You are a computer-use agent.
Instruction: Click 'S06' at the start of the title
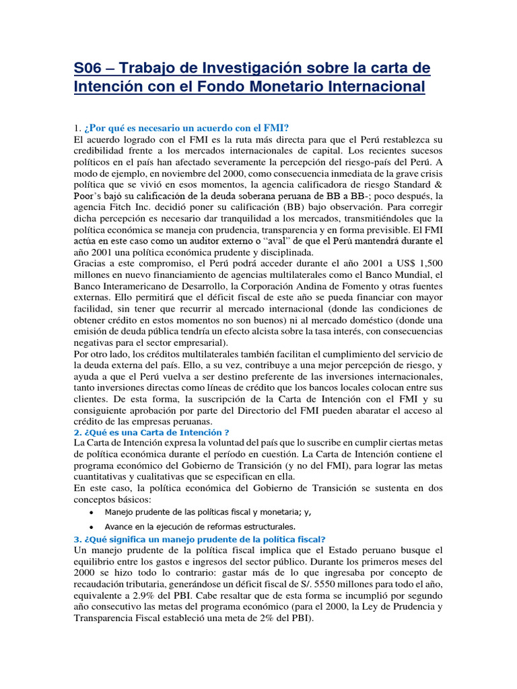pyautogui.click(x=88, y=69)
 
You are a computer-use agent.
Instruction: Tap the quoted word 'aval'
pyautogui.click(x=296, y=241)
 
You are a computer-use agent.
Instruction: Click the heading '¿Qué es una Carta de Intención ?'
pyautogui.click(x=152, y=432)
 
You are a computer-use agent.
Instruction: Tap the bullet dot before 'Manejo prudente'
pyautogui.click(x=91, y=512)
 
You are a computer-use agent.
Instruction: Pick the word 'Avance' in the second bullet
pyautogui.click(x=120, y=526)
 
